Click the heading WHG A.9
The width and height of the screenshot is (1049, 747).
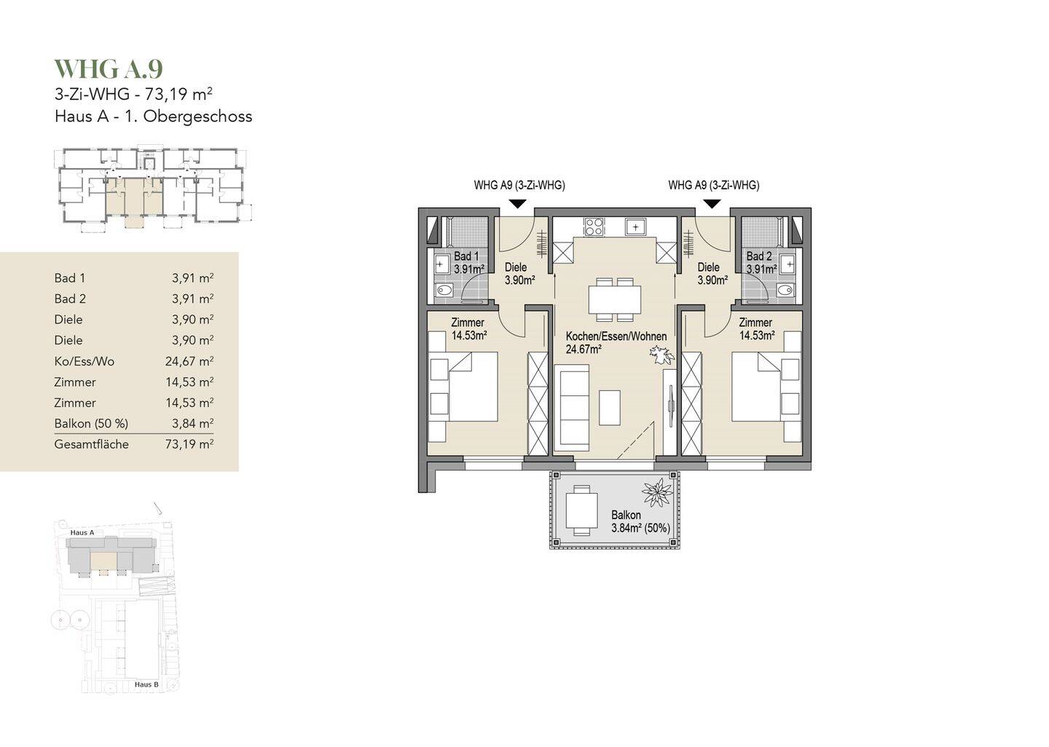point(109,68)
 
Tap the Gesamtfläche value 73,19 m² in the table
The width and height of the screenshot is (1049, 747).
point(189,443)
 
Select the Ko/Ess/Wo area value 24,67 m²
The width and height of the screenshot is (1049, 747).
point(189,361)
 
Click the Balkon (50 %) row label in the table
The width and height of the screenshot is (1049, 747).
point(91,424)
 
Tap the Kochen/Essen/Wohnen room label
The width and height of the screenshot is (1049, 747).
point(616,336)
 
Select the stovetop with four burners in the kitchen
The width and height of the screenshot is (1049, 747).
point(594,227)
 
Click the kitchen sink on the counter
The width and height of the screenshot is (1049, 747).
point(635,227)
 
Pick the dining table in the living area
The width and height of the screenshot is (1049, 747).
point(615,299)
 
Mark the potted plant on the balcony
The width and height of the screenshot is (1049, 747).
point(656,493)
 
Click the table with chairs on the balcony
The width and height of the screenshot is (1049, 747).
point(582,510)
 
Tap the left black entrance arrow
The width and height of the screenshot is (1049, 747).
point(517,204)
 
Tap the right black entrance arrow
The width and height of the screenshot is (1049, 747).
point(712,204)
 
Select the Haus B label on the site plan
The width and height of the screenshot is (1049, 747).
point(146,684)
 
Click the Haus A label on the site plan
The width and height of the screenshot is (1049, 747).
point(82,533)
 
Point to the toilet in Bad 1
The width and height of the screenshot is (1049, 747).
point(444,291)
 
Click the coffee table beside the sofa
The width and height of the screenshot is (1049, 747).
point(610,408)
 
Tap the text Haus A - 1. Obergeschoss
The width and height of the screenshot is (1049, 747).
point(154,116)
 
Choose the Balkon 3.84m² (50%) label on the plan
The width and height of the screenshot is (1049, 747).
point(640,521)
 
